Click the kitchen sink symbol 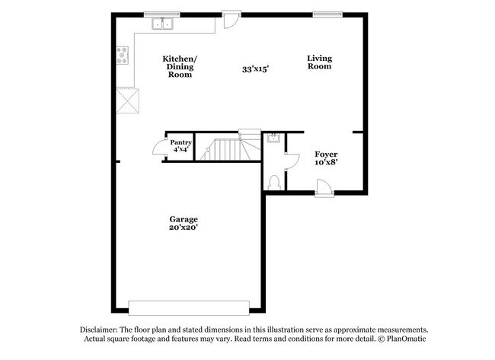click(162, 24)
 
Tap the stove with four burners click(123, 56)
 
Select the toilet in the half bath click(274, 183)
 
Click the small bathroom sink click(273, 138)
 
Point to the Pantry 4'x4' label click(181, 146)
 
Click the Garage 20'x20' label click(184, 223)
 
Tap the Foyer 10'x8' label click(326, 158)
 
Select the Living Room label click(320, 62)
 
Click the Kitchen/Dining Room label click(180, 66)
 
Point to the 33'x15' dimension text click(255, 68)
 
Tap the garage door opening click(189, 308)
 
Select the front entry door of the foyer click(324, 188)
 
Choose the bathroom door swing click(292, 162)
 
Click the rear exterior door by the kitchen click(232, 20)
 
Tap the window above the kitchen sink click(162, 14)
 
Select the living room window click(327, 14)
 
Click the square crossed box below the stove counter click(128, 100)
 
